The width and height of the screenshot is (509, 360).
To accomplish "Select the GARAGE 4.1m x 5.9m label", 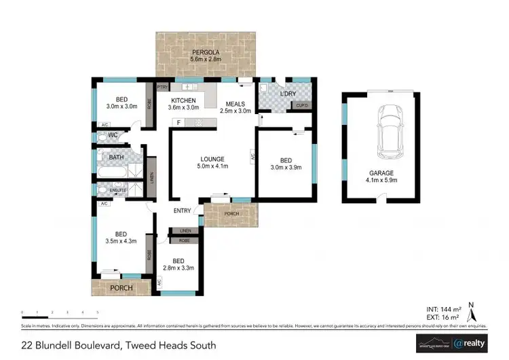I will coord(381,177).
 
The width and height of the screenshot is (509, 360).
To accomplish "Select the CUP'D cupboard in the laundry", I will coord(300,106).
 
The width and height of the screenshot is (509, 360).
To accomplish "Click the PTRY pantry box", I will coord(162,88).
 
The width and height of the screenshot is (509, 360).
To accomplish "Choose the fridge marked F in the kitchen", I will coord(178,122).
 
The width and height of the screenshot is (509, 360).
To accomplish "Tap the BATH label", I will coord(116,158).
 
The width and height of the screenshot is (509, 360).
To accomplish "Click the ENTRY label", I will coord(182,211).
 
